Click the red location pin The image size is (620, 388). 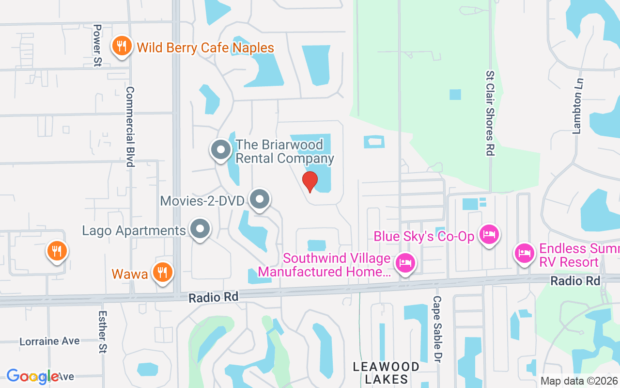point(310,181)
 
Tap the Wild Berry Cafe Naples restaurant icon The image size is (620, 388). point(121,47)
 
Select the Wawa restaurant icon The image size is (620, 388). point(162,273)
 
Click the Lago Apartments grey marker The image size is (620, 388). point(200,229)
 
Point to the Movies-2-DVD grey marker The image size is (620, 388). point(260,199)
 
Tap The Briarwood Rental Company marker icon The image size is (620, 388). point(221,150)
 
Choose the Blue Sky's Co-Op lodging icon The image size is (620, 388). point(489,235)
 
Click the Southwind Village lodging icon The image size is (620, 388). point(405,263)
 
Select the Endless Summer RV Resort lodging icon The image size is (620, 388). point(525,253)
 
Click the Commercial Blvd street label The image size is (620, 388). point(130,127)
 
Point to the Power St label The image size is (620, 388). point(97,40)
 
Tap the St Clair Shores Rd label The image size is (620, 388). point(490,113)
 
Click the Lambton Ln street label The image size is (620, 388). point(577,106)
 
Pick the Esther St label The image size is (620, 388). point(102,332)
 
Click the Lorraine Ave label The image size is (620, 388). point(49,341)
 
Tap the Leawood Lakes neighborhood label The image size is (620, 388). point(386,372)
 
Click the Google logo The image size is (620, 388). point(32,376)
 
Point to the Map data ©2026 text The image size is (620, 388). point(579,381)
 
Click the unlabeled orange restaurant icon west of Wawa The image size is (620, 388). point(57,251)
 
